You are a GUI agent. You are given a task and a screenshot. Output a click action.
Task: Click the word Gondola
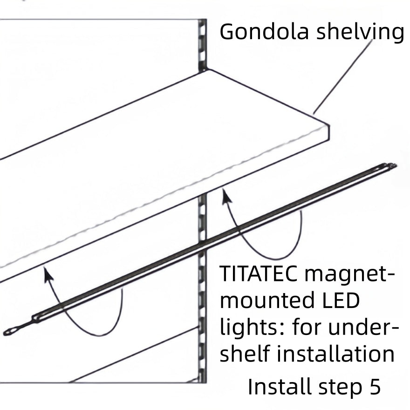264,32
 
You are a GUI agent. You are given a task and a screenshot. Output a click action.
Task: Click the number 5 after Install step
375,387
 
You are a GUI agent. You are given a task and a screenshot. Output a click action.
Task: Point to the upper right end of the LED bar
394,165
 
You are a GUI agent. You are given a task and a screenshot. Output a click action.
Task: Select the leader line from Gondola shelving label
343,77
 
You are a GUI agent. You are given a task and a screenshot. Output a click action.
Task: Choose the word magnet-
349,274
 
